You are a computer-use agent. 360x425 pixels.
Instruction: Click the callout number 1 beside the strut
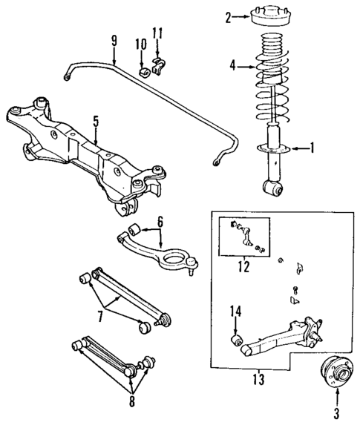[x=312, y=148]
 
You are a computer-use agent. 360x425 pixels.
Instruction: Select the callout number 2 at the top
[x=229, y=16]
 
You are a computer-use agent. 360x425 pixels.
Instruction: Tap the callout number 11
[x=156, y=32]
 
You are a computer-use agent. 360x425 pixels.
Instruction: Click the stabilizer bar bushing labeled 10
[x=143, y=72]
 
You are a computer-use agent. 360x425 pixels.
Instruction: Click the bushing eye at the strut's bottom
[x=273, y=191]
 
